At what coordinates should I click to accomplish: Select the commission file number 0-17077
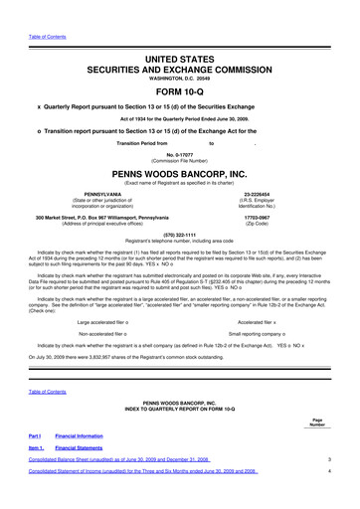(180, 152)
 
